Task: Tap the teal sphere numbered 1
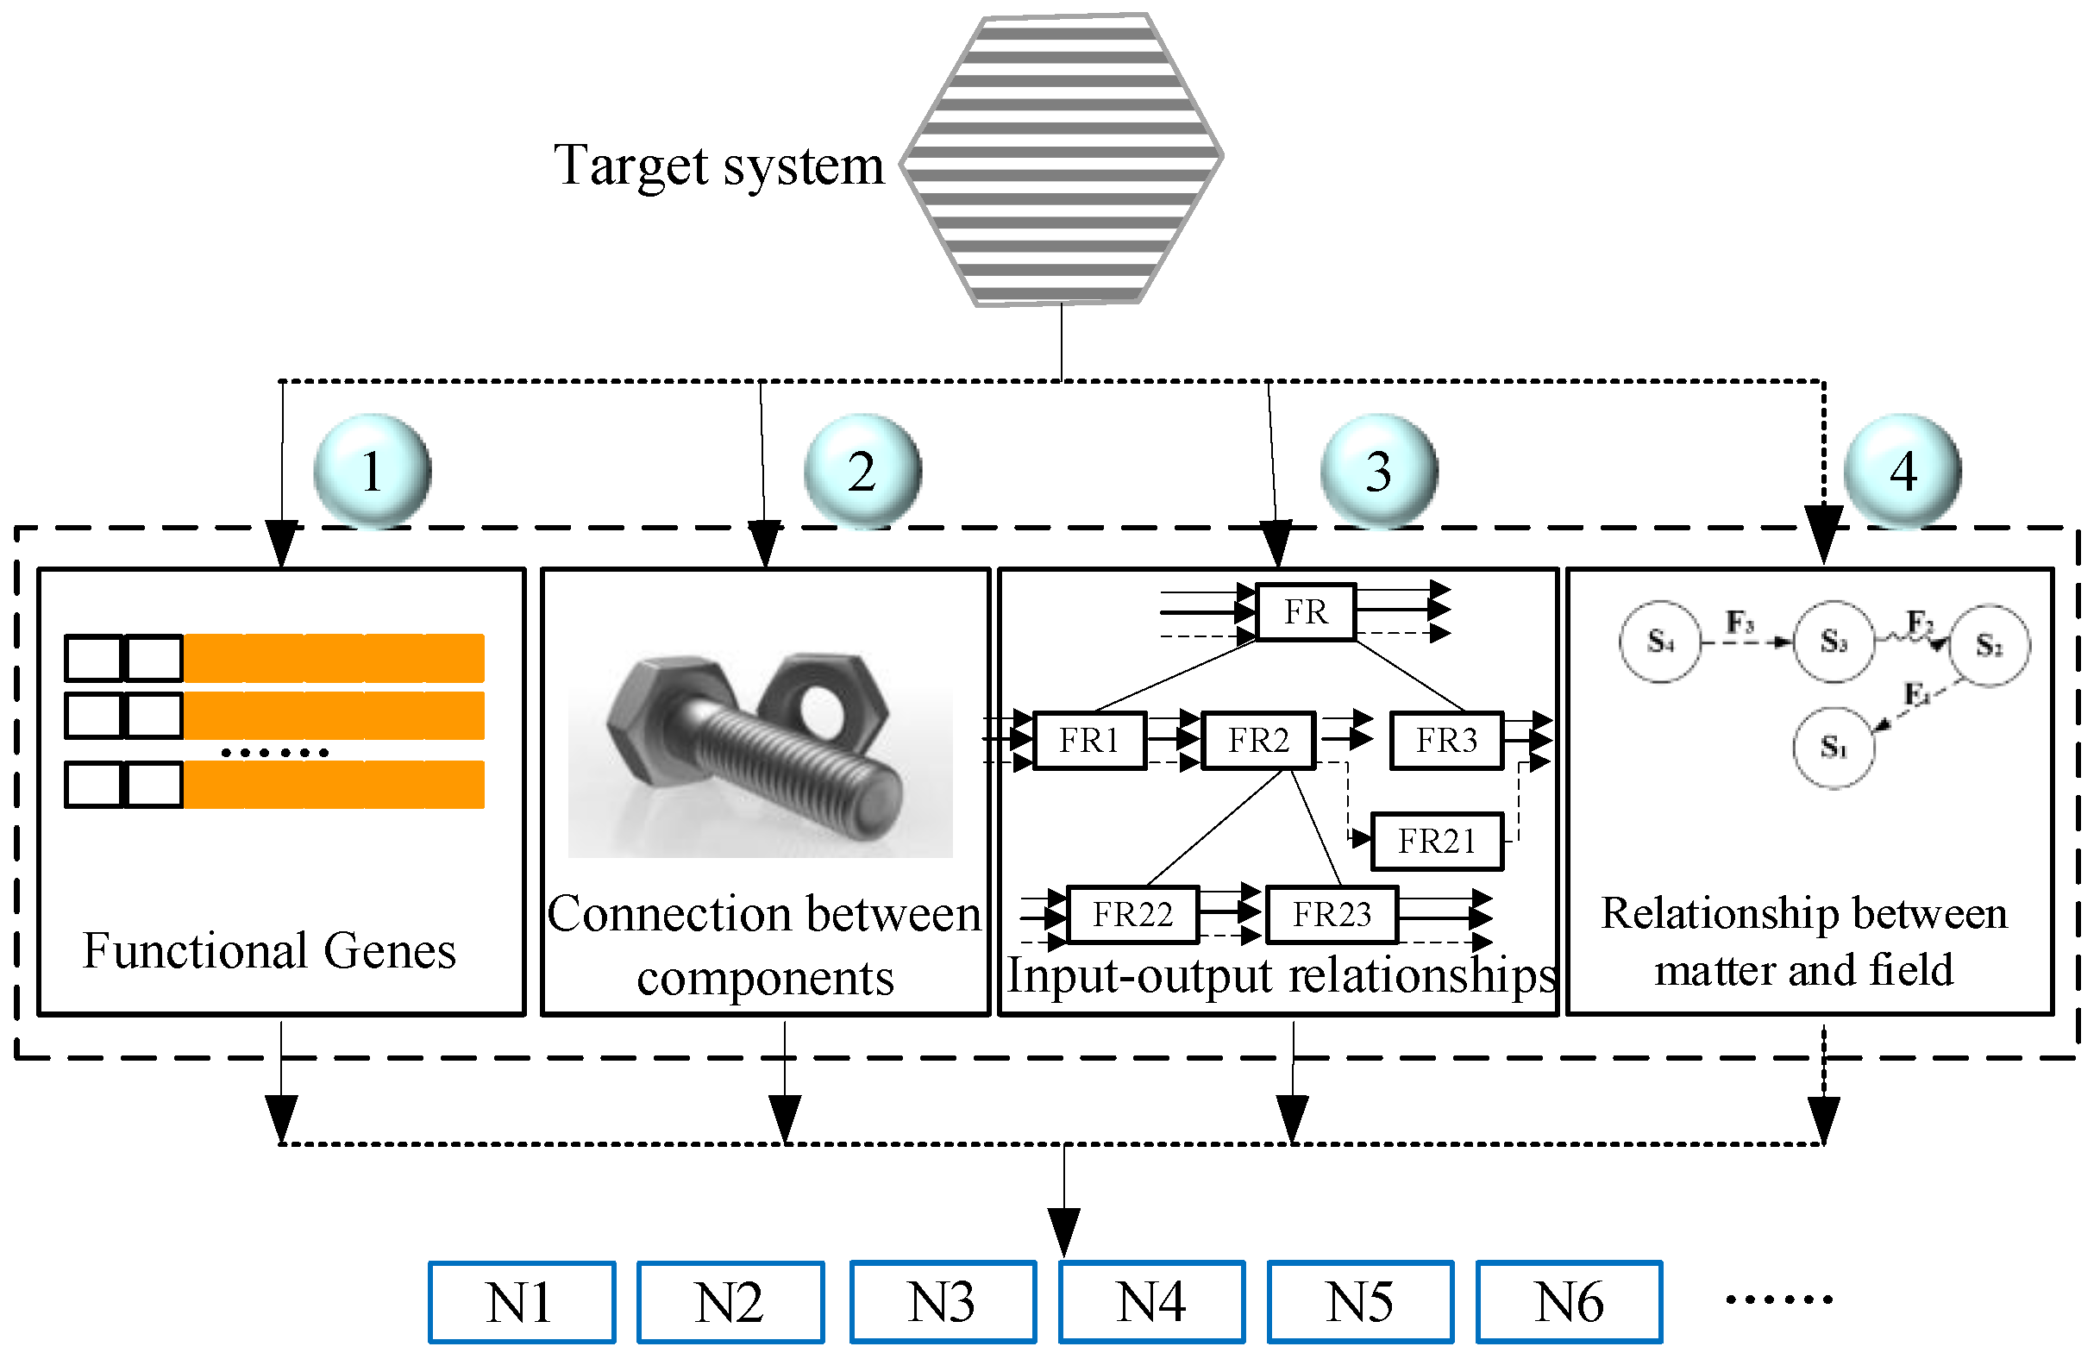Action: tap(373, 471)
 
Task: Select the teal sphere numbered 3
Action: tap(1379, 471)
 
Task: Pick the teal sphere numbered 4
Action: tap(1903, 471)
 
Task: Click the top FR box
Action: tap(1306, 611)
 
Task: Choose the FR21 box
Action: tap(1437, 842)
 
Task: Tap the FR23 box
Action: tap(1332, 915)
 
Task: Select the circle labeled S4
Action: tap(1659, 642)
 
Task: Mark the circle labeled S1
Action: tap(1834, 748)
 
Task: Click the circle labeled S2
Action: tap(1989, 646)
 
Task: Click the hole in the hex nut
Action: tap(823, 705)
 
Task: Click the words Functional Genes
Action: tap(269, 951)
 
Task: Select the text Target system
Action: tap(718, 166)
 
